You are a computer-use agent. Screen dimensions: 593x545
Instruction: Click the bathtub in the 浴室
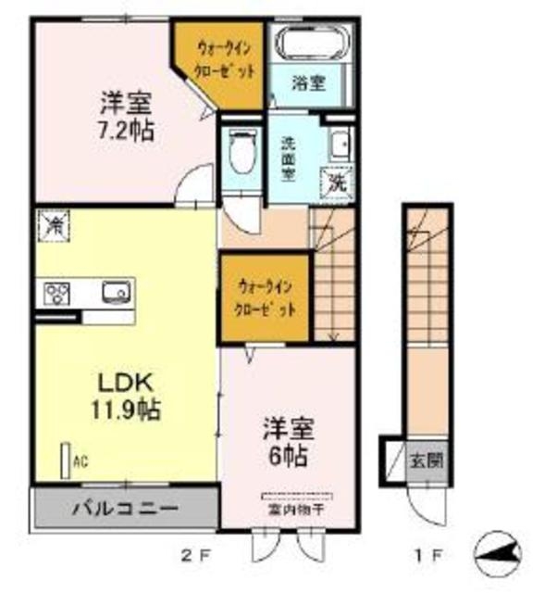(309, 44)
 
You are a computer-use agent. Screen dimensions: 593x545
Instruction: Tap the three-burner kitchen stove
(56, 295)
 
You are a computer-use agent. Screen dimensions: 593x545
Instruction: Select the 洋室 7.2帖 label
(125, 114)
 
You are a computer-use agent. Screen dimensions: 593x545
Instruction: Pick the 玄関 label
(427, 460)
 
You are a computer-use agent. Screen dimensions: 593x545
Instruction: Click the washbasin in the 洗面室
(340, 143)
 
